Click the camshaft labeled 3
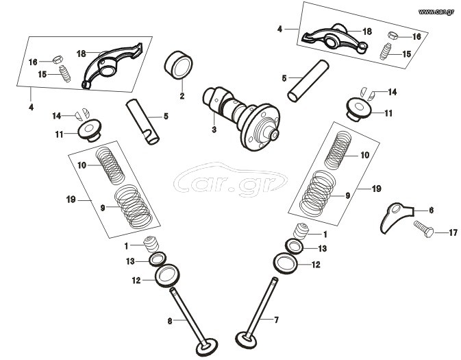(x=241, y=118)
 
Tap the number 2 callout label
(x=182, y=96)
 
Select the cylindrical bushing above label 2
(x=178, y=65)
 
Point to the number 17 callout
(x=453, y=232)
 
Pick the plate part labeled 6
(x=395, y=217)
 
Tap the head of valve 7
(x=247, y=340)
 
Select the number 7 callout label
(x=276, y=320)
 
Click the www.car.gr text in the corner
(x=436, y=12)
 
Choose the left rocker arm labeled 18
(x=110, y=65)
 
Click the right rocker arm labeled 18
(x=334, y=39)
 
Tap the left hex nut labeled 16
(x=58, y=59)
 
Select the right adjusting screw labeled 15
(x=384, y=52)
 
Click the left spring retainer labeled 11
(x=89, y=130)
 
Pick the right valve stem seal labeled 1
(x=301, y=232)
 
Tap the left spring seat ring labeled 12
(x=167, y=276)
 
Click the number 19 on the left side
(x=71, y=200)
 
